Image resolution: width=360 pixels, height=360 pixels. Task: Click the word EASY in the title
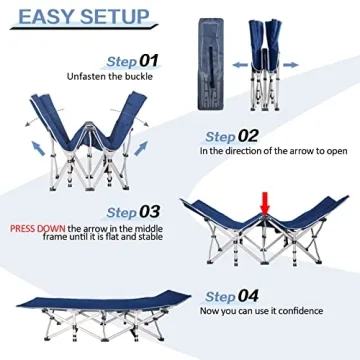click(x=49, y=19)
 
